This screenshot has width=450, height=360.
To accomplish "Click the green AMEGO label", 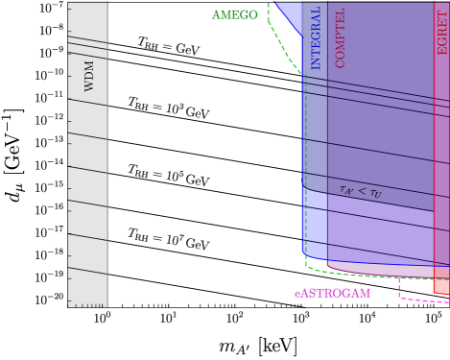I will (x=235, y=15).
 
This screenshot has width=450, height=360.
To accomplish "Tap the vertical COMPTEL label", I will (x=340, y=38).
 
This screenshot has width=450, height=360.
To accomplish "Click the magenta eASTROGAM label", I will (x=332, y=293).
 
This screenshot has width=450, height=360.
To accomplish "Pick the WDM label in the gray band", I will (x=89, y=75).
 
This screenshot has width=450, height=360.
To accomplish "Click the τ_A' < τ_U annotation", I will (x=360, y=191).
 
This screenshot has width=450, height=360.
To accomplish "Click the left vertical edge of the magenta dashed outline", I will (x=399, y=288).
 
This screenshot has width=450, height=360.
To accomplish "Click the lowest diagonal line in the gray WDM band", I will (x=87, y=271).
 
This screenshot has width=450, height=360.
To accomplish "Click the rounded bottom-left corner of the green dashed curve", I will (x=308, y=262).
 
